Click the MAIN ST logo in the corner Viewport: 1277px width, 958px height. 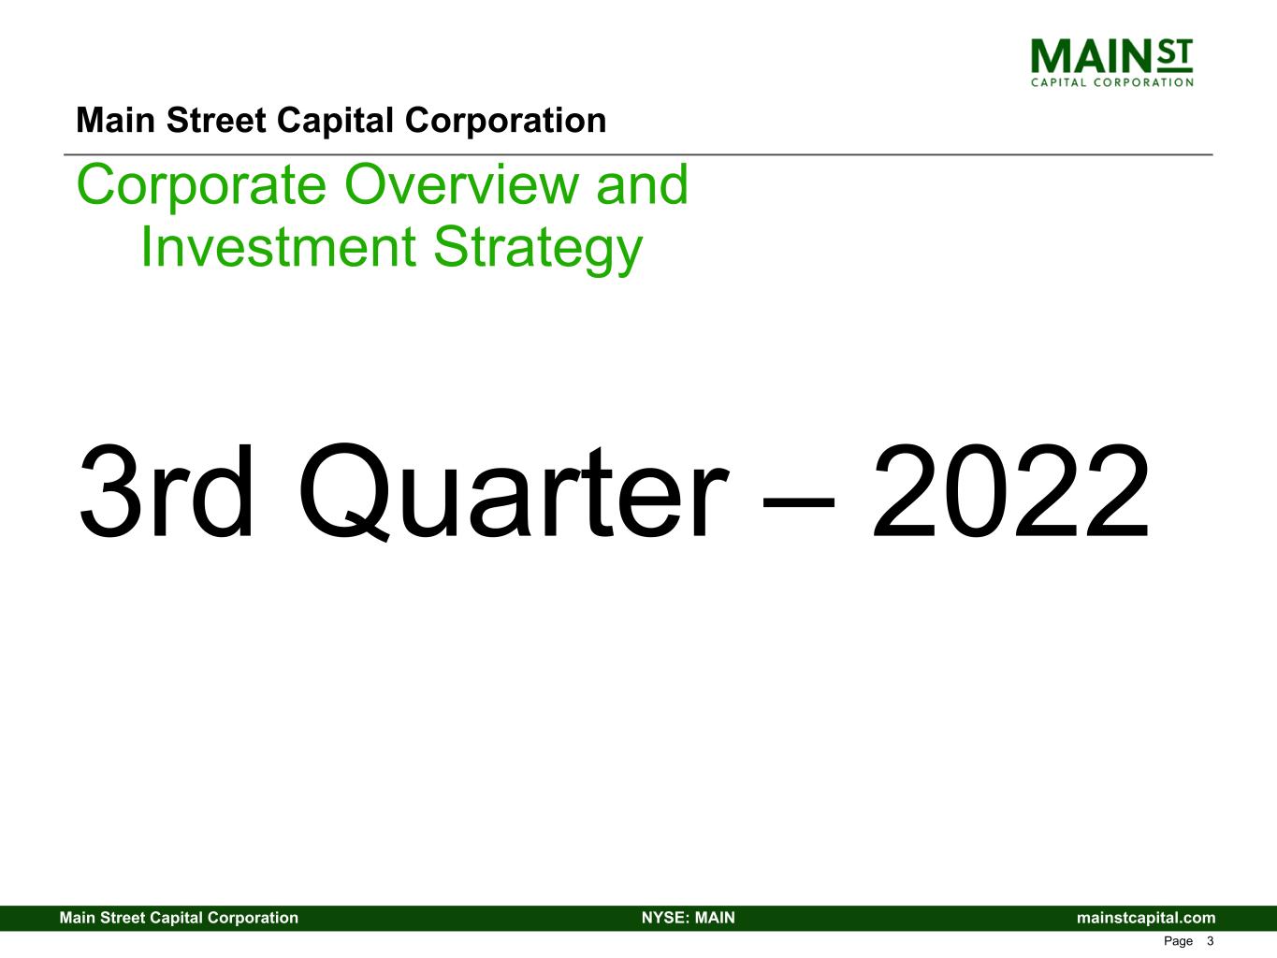point(1111,63)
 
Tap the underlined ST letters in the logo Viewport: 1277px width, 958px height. point(1175,55)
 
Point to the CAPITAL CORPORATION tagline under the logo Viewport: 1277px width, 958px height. point(1111,82)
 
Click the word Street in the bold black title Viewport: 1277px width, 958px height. point(216,121)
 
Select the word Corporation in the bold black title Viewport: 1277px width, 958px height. point(505,121)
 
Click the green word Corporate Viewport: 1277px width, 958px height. point(201,185)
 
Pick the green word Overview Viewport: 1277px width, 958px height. point(461,184)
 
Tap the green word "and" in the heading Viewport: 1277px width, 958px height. point(643,184)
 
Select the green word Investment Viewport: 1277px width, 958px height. point(278,247)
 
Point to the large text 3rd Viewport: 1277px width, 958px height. point(166,491)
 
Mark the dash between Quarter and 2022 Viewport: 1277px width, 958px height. point(798,501)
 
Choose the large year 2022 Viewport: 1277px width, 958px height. point(1010,491)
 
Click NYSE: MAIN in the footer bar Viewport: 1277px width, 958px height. point(689,918)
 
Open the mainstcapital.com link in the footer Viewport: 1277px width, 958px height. point(1146,918)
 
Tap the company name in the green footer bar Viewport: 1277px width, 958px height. point(179,918)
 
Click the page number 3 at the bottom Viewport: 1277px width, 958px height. point(1210,941)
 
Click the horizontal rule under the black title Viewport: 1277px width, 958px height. point(638,154)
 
